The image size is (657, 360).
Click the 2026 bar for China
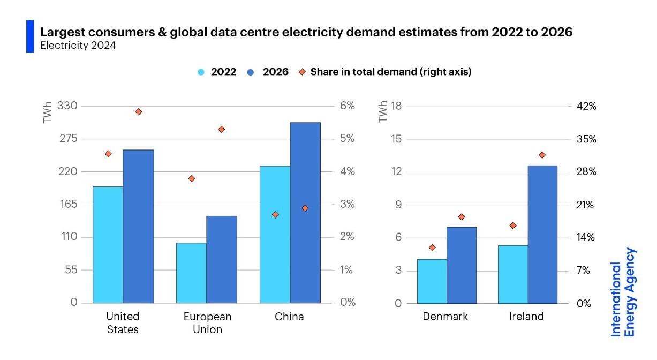(305, 213)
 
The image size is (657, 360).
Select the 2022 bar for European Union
(191, 273)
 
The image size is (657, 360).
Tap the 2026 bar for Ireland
(542, 234)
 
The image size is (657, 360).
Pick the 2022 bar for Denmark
(432, 281)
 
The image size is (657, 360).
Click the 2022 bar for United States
(108, 245)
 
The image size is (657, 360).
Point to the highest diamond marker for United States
(138, 112)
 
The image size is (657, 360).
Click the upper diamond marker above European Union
(222, 130)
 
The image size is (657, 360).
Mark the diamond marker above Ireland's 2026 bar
(542, 155)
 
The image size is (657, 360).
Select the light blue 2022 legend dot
(201, 72)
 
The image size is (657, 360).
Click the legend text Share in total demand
(390, 72)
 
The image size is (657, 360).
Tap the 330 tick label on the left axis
(67, 106)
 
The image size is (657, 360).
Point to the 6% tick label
(348, 106)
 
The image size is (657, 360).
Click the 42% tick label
(586, 106)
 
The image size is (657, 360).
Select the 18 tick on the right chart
(397, 106)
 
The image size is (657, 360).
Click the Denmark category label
(445, 317)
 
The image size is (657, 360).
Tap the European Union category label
(207, 323)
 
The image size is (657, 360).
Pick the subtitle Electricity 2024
(78, 46)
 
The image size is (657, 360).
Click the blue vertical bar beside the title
(30, 36)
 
